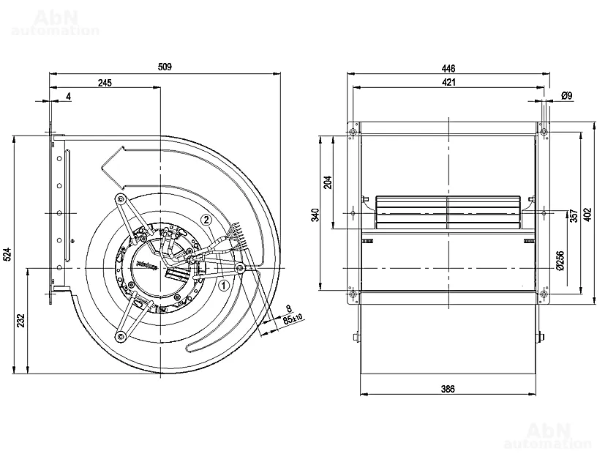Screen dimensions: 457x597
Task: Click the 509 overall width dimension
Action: [x=165, y=67]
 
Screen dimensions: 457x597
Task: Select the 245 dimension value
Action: [x=104, y=83]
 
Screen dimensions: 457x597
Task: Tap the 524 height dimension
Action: [x=8, y=255]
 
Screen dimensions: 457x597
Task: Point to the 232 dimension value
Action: [x=20, y=320]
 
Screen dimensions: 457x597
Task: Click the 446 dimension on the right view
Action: [x=448, y=67]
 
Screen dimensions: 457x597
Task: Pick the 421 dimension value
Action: [x=448, y=82]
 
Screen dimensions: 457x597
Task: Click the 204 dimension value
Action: [x=328, y=181]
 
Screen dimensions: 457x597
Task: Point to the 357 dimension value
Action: [x=573, y=215]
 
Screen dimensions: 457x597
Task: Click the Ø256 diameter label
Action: [x=560, y=260]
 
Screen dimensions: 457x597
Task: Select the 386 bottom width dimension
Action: [x=448, y=389]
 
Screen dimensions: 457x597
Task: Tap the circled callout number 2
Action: [x=207, y=218]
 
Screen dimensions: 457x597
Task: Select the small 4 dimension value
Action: [x=68, y=97]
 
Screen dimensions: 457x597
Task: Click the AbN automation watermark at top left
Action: [x=56, y=22]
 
